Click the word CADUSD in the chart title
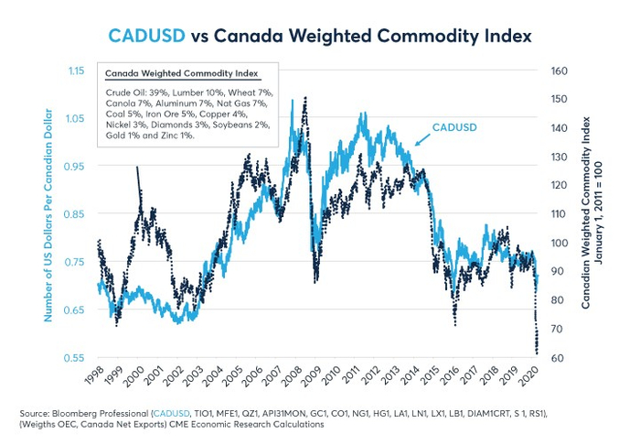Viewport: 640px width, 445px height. pos(146,36)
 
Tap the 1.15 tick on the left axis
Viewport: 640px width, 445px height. pos(76,71)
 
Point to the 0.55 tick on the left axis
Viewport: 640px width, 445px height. pos(76,357)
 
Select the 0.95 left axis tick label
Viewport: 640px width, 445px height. pos(76,166)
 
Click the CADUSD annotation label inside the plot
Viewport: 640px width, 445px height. pos(453,126)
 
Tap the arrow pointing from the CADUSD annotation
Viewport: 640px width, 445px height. pos(421,139)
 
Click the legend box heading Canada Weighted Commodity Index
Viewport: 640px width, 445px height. pos(181,73)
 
